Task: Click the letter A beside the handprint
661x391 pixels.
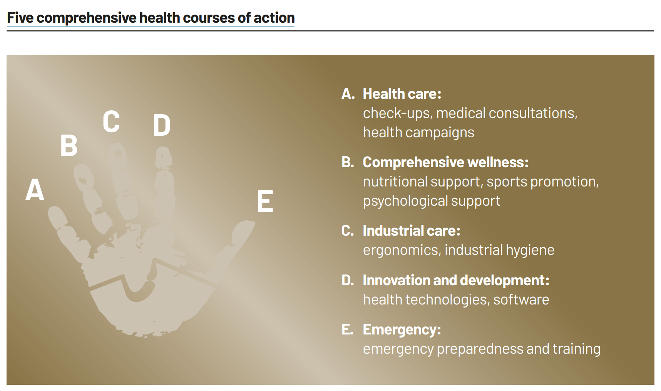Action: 35,190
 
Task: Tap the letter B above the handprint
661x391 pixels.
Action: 69,146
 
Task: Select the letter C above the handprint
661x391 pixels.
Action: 111,122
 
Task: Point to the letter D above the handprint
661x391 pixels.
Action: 161,125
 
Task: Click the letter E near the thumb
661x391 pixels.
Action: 265,201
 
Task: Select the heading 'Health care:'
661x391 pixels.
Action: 402,94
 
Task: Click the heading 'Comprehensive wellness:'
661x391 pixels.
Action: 445,162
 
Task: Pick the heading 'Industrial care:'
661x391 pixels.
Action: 411,231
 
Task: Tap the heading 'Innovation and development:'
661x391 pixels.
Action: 456,280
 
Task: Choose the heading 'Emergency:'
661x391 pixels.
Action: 402,329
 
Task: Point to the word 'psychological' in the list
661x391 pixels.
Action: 405,201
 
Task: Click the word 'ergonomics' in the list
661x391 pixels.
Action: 400,250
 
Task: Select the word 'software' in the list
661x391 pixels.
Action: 521,299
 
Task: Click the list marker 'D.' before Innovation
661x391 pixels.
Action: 348,280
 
